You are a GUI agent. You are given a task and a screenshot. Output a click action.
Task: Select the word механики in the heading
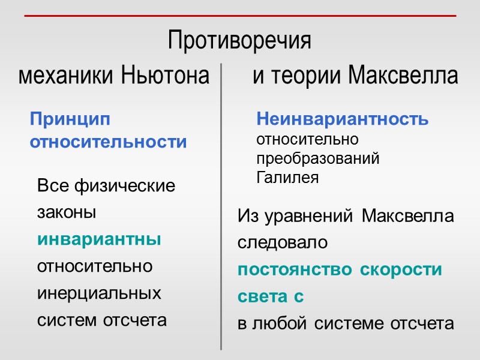(x=67, y=76)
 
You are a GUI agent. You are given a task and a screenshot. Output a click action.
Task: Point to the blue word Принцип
(x=70, y=119)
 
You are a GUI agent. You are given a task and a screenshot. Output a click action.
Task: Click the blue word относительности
(x=108, y=142)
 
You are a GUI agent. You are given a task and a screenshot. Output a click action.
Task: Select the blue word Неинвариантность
(x=343, y=119)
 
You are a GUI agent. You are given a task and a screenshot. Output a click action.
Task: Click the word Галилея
(x=287, y=178)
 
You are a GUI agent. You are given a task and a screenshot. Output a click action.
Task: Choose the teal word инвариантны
(x=99, y=239)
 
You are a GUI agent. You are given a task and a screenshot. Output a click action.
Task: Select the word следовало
(x=283, y=243)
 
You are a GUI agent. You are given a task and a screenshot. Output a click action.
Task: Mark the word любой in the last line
(x=280, y=324)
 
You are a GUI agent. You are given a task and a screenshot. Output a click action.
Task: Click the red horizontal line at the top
(x=240, y=16)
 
